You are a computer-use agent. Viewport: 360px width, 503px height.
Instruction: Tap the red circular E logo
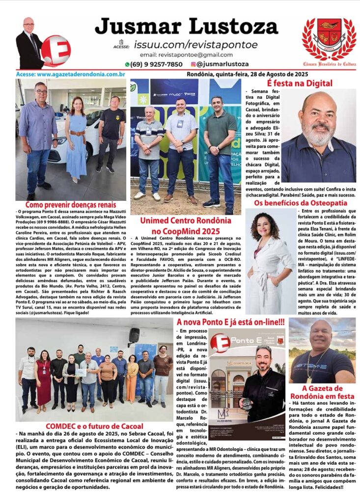coord(55,50)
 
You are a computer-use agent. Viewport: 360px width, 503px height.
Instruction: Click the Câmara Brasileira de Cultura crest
coord(329,41)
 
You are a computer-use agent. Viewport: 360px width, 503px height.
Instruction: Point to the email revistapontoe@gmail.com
coord(186,55)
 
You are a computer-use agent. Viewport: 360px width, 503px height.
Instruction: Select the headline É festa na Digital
coord(299,84)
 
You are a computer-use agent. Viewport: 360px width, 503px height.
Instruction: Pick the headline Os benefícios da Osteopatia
coord(300,202)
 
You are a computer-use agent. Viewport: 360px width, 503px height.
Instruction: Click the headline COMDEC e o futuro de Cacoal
coord(94,426)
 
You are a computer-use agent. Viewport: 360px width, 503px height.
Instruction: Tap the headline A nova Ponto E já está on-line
coord(230,322)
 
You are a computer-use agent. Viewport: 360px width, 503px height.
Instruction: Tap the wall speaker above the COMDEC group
coord(134,335)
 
